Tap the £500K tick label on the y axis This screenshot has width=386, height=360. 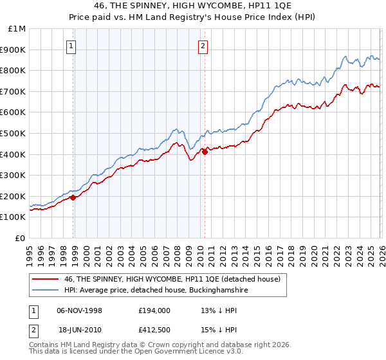[14, 133]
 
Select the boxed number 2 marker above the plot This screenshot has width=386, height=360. [203, 45]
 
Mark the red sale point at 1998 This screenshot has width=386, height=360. [73, 197]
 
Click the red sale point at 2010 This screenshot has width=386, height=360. [205, 152]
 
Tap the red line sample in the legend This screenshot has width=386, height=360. [46, 280]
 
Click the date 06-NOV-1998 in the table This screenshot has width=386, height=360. [79, 310]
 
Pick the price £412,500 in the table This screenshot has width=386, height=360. [154, 331]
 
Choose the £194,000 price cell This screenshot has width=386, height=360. [154, 310]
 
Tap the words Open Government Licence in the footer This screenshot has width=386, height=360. [187, 352]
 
